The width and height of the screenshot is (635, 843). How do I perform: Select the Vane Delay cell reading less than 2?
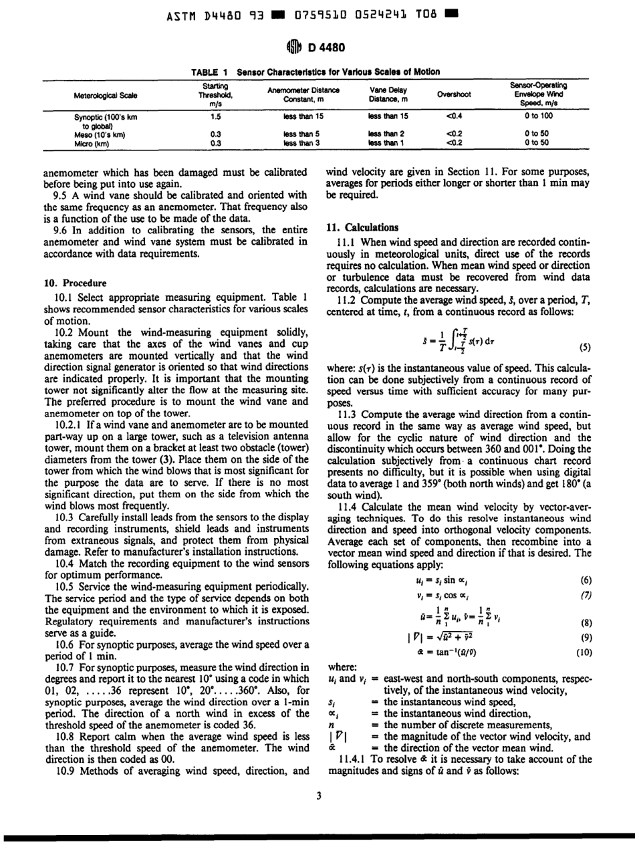(x=384, y=133)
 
